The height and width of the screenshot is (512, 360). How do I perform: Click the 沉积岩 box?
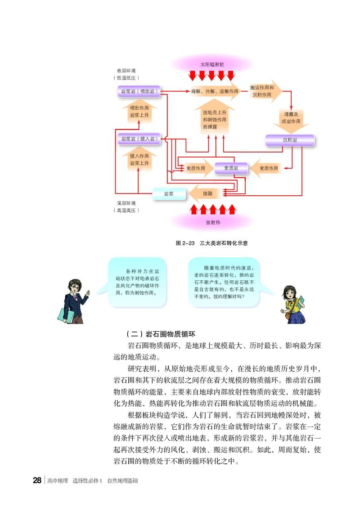coord(290,140)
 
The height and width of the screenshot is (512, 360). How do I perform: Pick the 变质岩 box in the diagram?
coord(231,168)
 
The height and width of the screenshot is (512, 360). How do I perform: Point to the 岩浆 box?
coord(169,193)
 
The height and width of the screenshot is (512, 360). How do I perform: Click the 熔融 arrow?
coord(207,193)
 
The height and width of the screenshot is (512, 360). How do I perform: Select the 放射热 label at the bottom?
coord(212,222)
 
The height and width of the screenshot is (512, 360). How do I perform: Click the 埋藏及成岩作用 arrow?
coord(290,118)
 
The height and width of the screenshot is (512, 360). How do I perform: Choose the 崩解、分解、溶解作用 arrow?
coord(214,91)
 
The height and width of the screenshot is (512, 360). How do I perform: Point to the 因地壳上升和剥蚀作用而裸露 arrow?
coord(214,119)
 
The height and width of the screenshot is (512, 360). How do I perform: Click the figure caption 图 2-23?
coord(211,243)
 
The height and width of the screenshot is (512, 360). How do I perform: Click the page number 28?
coord(37,481)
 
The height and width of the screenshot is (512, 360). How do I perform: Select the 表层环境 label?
coord(126,71)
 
